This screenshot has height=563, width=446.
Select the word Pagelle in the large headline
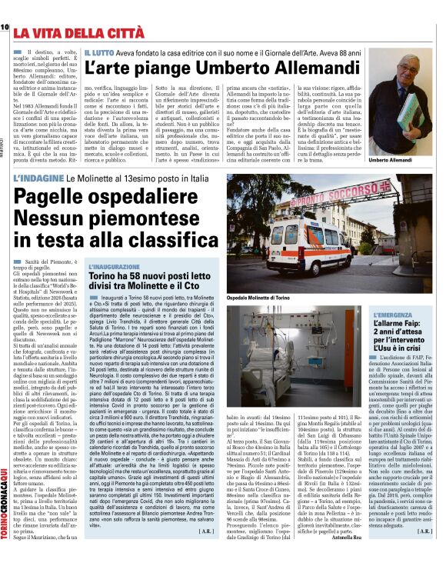click(x=58, y=199)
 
